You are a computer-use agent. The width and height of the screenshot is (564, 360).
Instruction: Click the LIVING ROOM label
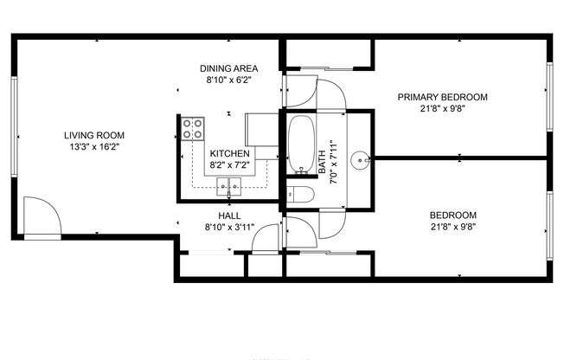[94, 135]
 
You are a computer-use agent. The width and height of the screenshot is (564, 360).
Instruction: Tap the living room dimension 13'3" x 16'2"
[94, 147]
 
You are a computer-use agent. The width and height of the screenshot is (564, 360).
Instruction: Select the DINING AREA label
[228, 68]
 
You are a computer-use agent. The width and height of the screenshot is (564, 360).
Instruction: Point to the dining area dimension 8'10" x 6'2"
[228, 80]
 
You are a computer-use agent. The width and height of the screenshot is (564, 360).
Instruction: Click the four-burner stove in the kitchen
[193, 129]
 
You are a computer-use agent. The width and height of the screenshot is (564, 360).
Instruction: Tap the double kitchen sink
[229, 183]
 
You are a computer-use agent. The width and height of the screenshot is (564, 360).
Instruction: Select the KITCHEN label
[229, 152]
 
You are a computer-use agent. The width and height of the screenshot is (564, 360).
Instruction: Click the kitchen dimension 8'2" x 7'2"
[229, 164]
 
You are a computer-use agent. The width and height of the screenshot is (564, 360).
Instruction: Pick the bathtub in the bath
[301, 144]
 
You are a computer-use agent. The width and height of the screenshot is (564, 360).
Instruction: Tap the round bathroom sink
[362, 159]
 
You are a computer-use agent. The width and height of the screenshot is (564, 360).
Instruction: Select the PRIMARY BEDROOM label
[442, 97]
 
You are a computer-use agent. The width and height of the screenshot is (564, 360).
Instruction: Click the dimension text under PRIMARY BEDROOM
[442, 109]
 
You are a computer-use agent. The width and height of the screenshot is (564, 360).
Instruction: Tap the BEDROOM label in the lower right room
[453, 215]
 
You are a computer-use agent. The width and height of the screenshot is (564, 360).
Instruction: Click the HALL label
[229, 215]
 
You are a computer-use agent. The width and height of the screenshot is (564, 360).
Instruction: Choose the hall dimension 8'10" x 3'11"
[229, 228]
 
